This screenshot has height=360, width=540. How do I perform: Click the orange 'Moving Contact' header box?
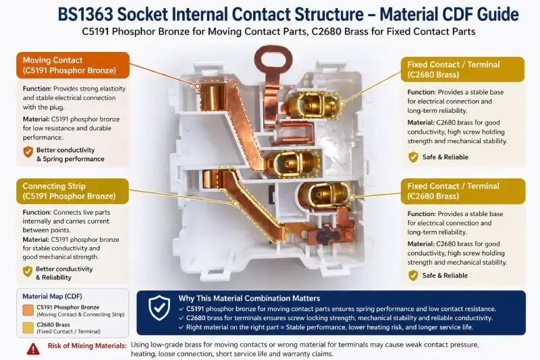coord(70,65)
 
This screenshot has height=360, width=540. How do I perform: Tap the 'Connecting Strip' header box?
coord(70,190)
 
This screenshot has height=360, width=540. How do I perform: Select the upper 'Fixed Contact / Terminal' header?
coord(463,69)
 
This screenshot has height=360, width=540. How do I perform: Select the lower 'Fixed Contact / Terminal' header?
coord(463,191)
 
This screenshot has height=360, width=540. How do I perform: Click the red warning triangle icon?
coord(33,349)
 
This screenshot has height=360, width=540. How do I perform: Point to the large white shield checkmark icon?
coord(159,309)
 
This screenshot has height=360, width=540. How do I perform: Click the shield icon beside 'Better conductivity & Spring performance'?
coord(28,152)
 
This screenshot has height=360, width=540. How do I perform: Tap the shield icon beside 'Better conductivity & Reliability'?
coord(28,271)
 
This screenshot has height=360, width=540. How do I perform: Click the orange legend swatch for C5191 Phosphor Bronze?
coord(28,310)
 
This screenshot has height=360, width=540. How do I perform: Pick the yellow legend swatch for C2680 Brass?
coord(28,328)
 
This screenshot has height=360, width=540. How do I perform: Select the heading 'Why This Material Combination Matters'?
coord(249,298)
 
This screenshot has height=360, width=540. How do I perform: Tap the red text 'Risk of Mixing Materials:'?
coord(86,345)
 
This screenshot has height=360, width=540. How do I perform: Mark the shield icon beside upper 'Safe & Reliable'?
coord(413,157)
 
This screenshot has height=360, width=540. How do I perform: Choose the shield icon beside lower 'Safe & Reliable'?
coord(413,275)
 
